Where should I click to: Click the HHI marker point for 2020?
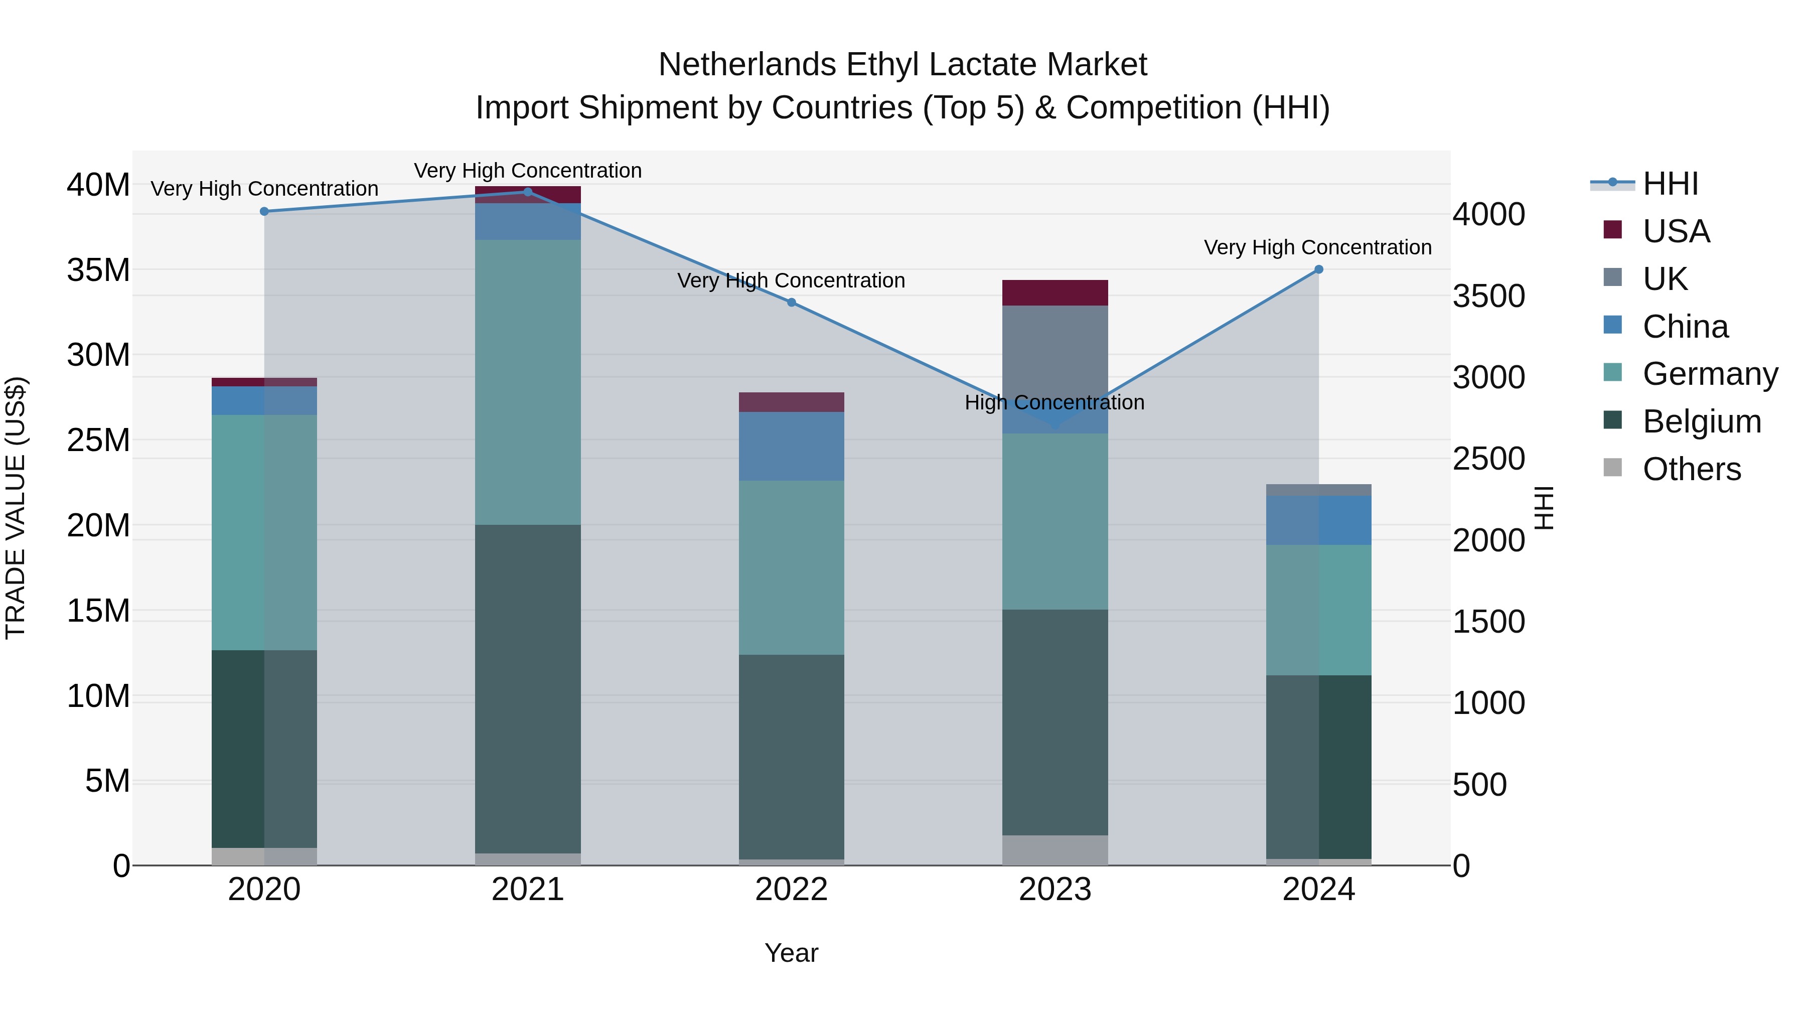tap(264, 212)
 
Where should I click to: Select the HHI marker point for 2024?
tap(1319, 269)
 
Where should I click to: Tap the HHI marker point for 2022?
tap(792, 302)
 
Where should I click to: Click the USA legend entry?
tap(1676, 231)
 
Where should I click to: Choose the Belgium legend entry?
tap(1702, 421)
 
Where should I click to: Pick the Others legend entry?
tap(1691, 469)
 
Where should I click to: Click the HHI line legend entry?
tap(1670, 184)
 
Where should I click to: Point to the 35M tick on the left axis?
tap(98, 270)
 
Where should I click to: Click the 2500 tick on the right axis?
tap(1488, 459)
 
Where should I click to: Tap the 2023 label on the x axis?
tap(1055, 890)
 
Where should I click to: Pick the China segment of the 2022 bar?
tap(792, 446)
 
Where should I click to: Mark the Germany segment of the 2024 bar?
tap(1319, 610)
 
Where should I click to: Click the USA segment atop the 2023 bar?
tap(1055, 293)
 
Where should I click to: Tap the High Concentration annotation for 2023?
tap(1055, 402)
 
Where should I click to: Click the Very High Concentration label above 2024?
tap(1317, 247)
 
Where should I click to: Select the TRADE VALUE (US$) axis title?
tap(16, 508)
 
